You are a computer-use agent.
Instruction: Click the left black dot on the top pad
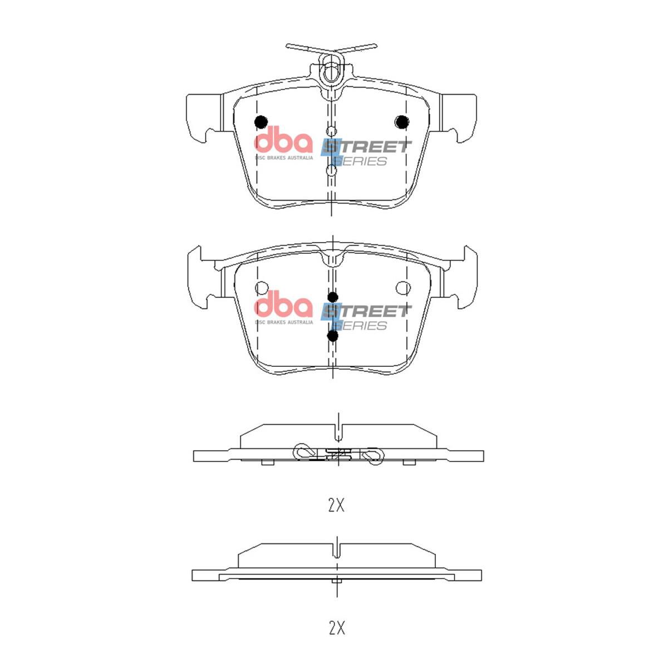pyautogui.click(x=261, y=122)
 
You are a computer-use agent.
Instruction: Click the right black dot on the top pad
pyautogui.click(x=401, y=122)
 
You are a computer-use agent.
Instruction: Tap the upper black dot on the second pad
pyautogui.click(x=333, y=297)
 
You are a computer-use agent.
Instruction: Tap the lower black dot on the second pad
pyautogui.click(x=333, y=336)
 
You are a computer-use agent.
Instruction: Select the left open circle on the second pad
pyautogui.click(x=261, y=287)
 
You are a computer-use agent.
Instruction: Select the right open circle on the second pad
pyautogui.click(x=403, y=287)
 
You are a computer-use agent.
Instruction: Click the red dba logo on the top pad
pyautogui.click(x=283, y=141)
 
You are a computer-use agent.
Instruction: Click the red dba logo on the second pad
pyautogui.click(x=283, y=306)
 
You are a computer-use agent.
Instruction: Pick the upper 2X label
pyautogui.click(x=336, y=505)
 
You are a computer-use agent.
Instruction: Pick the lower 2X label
pyautogui.click(x=336, y=628)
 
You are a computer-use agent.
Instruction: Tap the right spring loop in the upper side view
pyautogui.click(x=372, y=455)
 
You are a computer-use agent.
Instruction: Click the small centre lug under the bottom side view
pyautogui.click(x=336, y=581)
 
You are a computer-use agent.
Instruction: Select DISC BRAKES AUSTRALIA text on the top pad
pyautogui.click(x=283, y=158)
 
